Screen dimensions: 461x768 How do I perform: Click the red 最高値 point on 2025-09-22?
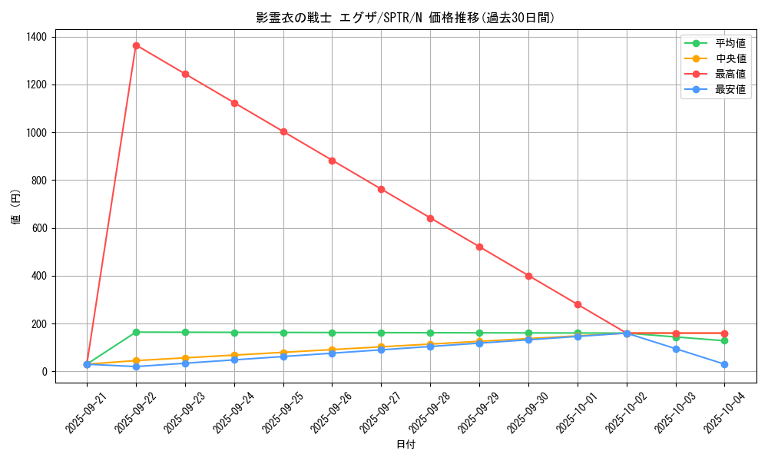[136, 45]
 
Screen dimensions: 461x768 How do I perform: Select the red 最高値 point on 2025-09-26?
[332, 161]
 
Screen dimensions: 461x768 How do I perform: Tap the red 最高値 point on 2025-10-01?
[578, 304]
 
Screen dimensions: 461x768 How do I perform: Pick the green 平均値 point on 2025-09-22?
[136, 332]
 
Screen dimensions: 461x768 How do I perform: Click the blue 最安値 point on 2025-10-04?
[724, 364]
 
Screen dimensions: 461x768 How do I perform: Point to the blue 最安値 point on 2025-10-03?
[676, 349]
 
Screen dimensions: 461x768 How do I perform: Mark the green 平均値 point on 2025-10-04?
[724, 340]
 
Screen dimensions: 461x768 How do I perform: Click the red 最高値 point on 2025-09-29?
[479, 247]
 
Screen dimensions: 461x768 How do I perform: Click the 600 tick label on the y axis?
[38, 228]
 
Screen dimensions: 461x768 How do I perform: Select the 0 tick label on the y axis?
[45, 372]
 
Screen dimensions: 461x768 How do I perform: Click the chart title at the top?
[406, 18]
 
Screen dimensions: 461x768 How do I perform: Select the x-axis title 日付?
[406, 445]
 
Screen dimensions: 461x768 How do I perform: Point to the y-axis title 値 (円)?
[16, 208]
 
